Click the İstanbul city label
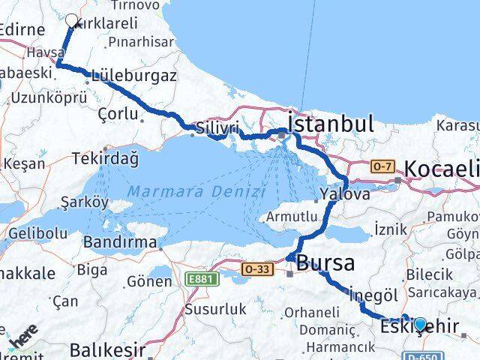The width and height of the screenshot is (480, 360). tap(331, 124)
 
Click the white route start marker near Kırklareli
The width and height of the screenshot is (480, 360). tap(72, 20)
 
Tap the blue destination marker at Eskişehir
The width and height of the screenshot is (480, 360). tap(420, 325)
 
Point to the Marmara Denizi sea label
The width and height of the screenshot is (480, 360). tap(196, 192)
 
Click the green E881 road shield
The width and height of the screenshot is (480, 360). tap(197, 279)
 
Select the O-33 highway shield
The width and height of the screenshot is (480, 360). tap(256, 268)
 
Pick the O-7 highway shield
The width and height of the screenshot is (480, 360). tap(382, 166)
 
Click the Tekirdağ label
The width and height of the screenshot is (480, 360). tap(105, 159)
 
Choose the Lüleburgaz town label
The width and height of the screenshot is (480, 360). tap(133, 76)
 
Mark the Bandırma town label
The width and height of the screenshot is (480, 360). tap(120, 242)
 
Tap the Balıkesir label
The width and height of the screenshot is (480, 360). tap(106, 349)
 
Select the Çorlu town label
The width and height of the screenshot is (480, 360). tap(118, 113)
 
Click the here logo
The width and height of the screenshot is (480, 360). tap(22, 343)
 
